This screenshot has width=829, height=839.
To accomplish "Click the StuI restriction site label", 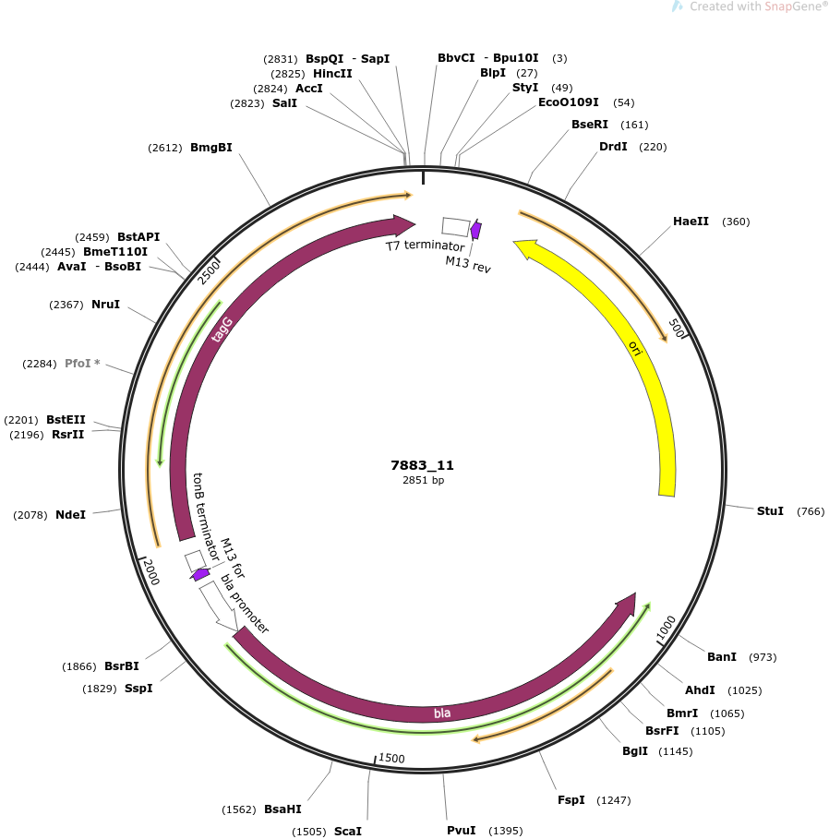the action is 770,511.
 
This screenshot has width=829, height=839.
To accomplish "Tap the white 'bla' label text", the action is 442,713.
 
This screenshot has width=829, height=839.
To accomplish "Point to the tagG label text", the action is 222,330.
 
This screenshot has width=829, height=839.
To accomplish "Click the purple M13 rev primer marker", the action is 475,230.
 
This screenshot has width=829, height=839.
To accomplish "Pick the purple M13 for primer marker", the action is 199,575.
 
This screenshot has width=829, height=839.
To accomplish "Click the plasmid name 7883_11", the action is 422,465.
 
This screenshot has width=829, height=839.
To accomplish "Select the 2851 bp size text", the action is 423,480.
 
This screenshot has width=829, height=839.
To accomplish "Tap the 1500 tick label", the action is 391,758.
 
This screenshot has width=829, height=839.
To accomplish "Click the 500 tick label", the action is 677,329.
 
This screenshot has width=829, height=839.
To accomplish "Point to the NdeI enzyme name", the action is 71,515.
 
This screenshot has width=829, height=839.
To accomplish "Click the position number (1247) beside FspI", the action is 613,800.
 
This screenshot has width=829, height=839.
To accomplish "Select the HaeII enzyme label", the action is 691,221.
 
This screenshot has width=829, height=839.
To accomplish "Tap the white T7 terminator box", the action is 456,227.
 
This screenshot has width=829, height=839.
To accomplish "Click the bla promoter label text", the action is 245,604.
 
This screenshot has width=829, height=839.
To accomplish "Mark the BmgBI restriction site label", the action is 211,147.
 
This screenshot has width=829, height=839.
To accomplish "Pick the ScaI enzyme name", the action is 348,831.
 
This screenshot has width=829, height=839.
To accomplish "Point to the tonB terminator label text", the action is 206,517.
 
